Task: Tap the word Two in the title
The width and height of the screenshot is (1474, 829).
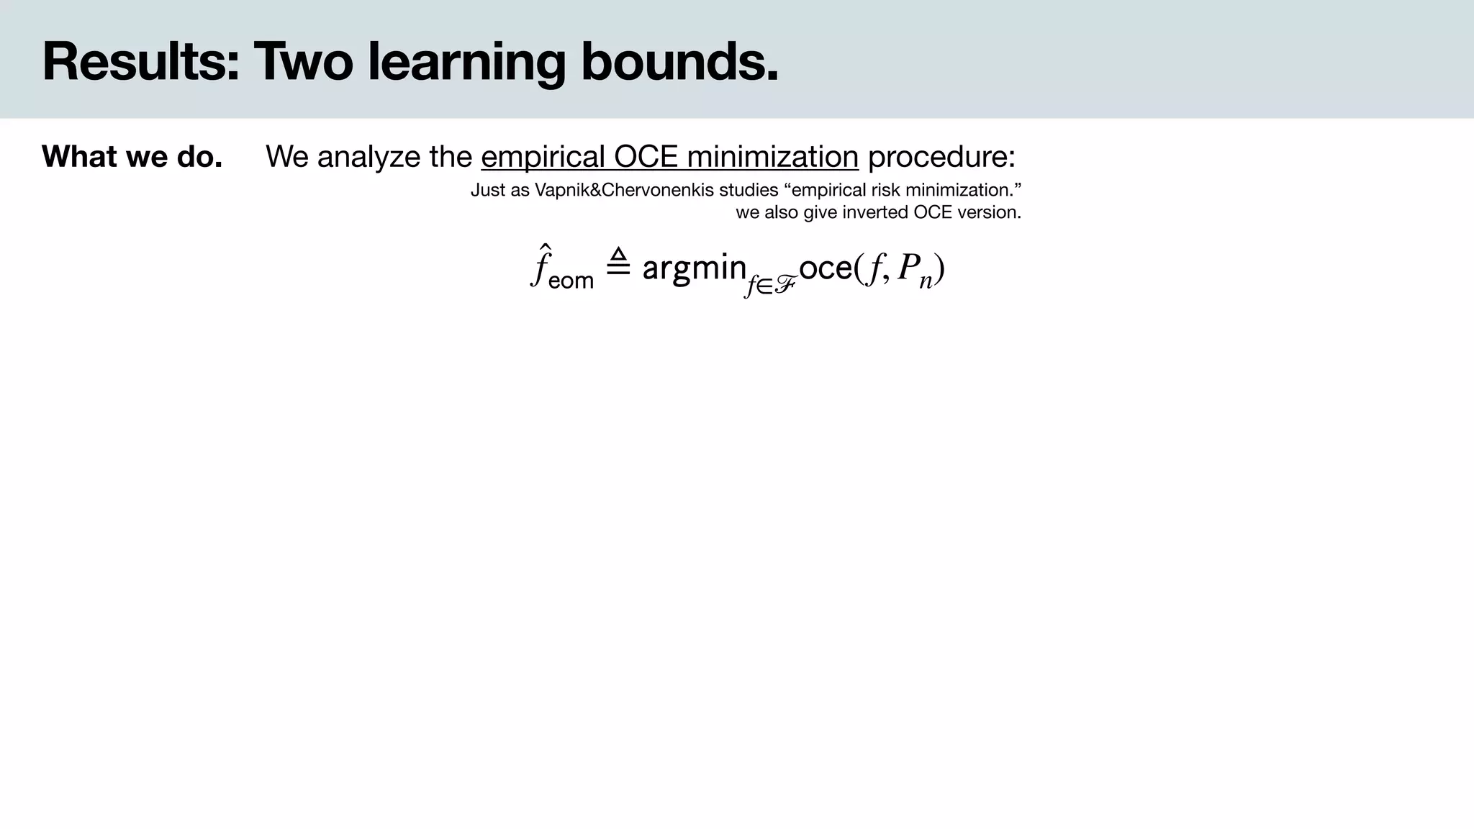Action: [x=303, y=62]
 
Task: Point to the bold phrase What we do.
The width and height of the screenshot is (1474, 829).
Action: [x=132, y=157]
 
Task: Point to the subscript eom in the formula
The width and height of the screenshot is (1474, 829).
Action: [x=571, y=280]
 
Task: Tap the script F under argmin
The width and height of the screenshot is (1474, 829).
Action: [x=784, y=286]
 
